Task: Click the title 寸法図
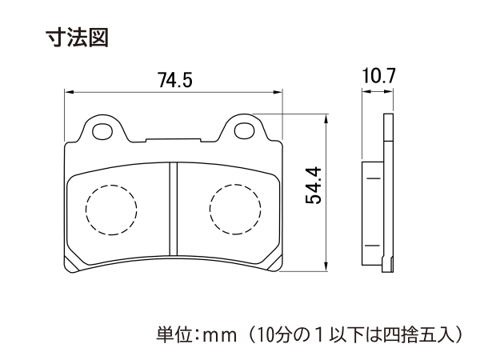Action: click(x=77, y=38)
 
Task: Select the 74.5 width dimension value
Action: click(x=174, y=80)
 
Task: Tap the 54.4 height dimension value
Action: click(x=314, y=186)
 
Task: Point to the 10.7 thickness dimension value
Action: click(x=379, y=76)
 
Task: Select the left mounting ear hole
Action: click(x=102, y=131)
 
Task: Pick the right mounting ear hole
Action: click(x=244, y=130)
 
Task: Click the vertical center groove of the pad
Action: click(x=174, y=209)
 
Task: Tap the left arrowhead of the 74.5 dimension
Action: click(x=69, y=92)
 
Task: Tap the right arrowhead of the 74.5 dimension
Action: click(x=278, y=92)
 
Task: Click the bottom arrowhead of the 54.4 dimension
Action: click(x=327, y=266)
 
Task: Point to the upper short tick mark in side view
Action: click(x=373, y=178)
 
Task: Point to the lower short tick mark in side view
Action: click(x=373, y=246)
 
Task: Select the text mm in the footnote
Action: click(x=221, y=336)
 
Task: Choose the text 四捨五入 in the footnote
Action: click(x=418, y=335)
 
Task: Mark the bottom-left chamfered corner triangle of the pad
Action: click(x=71, y=263)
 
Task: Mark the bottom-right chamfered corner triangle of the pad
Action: click(x=275, y=263)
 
